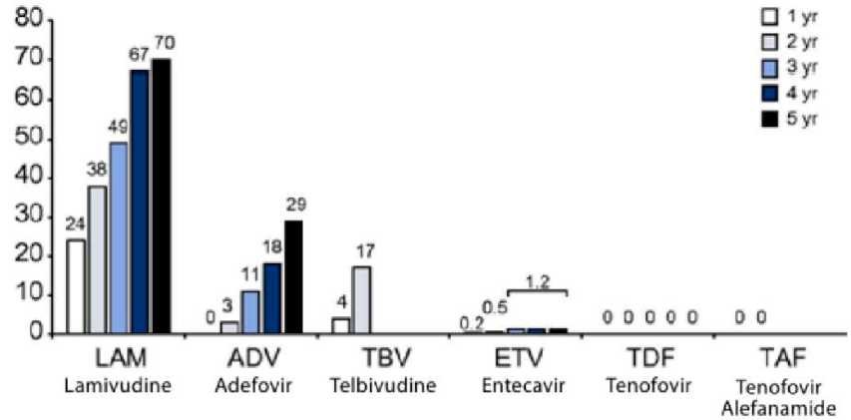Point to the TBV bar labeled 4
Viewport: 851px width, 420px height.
(x=341, y=325)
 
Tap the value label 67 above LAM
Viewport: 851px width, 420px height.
(x=139, y=53)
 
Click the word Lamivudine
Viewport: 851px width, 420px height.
(x=109, y=384)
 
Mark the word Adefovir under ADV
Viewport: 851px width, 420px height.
(x=244, y=384)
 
